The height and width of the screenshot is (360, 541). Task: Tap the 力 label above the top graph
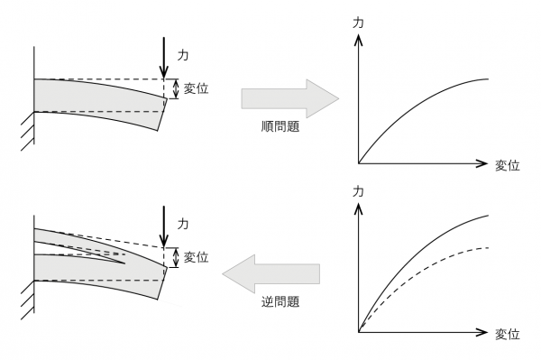click(359, 26)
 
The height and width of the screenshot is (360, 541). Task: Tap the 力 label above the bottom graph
click(359, 191)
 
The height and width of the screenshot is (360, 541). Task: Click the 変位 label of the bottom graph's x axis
click(508, 334)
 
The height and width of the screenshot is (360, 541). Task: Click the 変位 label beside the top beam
click(197, 88)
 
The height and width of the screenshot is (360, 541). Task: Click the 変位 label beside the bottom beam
click(197, 257)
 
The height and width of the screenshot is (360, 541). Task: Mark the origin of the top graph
click(359, 163)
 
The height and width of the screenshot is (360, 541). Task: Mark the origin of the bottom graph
click(359, 333)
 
